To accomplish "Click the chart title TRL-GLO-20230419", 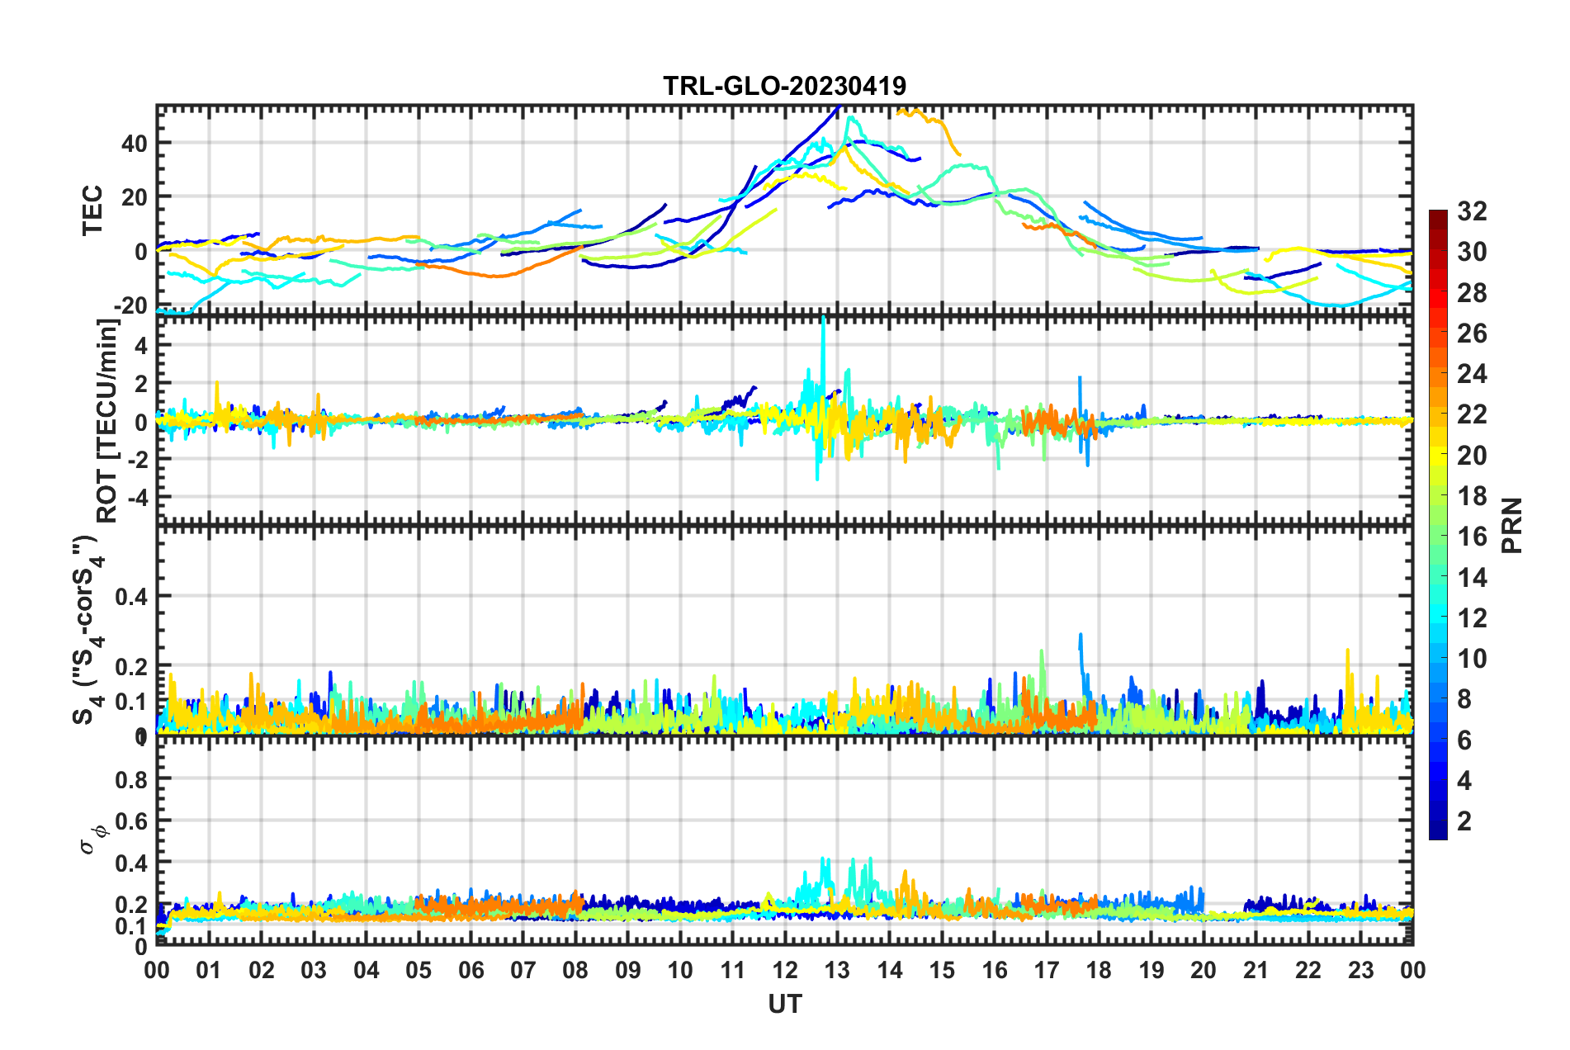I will [x=784, y=86].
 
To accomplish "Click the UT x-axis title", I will [x=784, y=1004].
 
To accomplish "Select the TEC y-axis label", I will [x=92, y=210].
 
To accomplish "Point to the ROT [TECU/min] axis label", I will [x=107, y=421].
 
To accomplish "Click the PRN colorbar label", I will [x=1512, y=525].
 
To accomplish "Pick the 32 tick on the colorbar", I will [x=1472, y=211].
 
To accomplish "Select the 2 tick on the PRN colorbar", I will [x=1464, y=821].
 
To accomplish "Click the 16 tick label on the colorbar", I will [x=1472, y=537].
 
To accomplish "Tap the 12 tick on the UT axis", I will [x=784, y=970].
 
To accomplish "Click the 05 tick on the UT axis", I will [x=419, y=970].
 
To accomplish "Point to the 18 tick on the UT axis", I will [x=1099, y=970].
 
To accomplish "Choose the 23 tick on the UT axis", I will [x=1360, y=970].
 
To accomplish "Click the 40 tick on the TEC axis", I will [x=134, y=144].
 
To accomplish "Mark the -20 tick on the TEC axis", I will [x=130, y=306].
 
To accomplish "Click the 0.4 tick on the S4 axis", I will [x=130, y=596].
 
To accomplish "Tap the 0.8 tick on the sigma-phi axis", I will [x=130, y=779].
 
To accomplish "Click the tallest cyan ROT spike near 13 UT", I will [x=823, y=318].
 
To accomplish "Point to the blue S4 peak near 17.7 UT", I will [x=1081, y=636].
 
